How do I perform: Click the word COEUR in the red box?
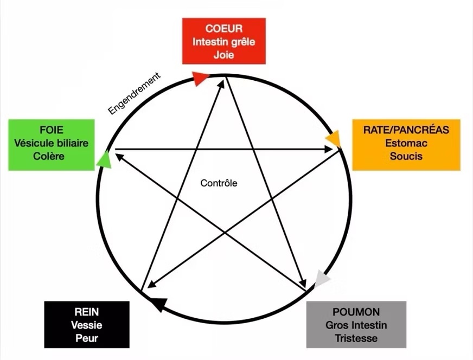click(x=223, y=28)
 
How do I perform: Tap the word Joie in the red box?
click(x=223, y=55)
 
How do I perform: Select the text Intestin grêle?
click(x=223, y=42)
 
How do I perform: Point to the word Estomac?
click(x=406, y=143)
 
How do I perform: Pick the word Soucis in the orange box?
click(x=406, y=156)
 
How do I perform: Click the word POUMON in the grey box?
click(x=356, y=312)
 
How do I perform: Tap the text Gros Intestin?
click(x=356, y=325)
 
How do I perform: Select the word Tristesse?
click(x=356, y=338)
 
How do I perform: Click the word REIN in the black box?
click(x=87, y=312)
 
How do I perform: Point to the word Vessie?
click(x=87, y=325)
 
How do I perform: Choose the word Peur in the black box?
click(x=87, y=338)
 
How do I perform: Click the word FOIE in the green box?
click(x=52, y=130)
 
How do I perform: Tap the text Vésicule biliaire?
click(x=52, y=143)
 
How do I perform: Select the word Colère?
click(x=52, y=156)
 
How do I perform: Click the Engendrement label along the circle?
click(x=135, y=94)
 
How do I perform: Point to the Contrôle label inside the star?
click(x=219, y=183)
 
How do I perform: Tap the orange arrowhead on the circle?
click(x=334, y=139)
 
